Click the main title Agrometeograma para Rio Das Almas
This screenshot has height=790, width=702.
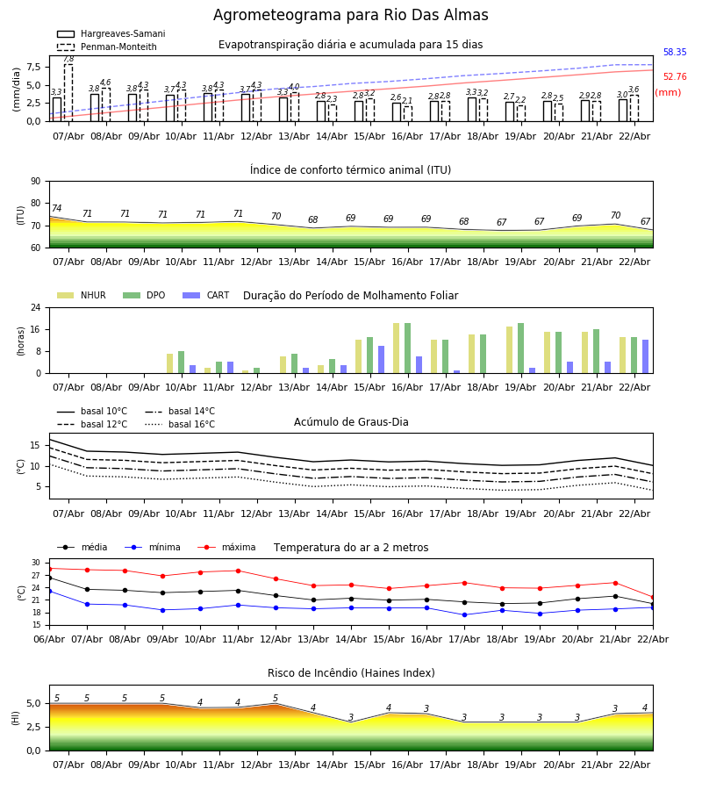(x=351, y=16)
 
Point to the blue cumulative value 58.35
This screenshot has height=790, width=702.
(x=675, y=53)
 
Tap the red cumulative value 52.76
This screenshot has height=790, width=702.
(x=675, y=77)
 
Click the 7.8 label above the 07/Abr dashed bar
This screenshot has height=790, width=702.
(x=68, y=59)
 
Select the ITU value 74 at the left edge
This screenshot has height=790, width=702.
(x=56, y=209)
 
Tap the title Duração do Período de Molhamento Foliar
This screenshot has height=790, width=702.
(x=350, y=296)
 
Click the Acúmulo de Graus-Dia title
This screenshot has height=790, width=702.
(x=351, y=422)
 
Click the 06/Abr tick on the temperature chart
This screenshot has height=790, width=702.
(x=49, y=638)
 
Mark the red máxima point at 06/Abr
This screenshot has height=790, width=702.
(x=49, y=569)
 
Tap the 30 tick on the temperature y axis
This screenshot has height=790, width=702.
(x=36, y=563)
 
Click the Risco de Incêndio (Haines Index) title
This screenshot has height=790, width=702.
(x=351, y=673)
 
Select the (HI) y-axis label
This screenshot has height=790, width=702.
(x=15, y=717)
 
